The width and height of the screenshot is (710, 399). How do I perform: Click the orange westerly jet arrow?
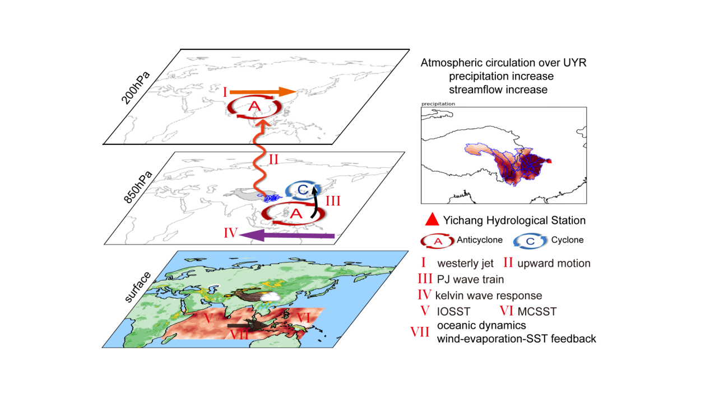(263, 92)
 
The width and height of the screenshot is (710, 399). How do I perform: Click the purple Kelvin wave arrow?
(287, 236)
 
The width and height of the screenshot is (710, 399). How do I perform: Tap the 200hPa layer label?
(136, 88)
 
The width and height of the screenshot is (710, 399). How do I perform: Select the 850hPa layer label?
(137, 187)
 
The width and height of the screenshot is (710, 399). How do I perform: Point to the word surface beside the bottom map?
(137, 287)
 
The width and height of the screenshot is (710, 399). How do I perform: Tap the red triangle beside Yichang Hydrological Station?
(431, 219)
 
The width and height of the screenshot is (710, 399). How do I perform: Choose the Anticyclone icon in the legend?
(438, 241)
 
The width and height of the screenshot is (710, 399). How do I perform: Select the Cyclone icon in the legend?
(530, 241)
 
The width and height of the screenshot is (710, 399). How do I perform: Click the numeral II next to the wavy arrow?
(273, 159)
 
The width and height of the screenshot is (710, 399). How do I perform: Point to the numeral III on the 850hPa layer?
(333, 201)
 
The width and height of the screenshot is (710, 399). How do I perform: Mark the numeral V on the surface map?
(208, 318)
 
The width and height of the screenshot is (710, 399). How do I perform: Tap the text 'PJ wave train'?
(470, 279)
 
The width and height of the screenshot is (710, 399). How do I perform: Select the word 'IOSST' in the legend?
(453, 311)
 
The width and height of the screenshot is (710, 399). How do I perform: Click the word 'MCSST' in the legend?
(537, 311)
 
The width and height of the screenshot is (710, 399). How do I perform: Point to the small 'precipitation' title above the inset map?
(438, 104)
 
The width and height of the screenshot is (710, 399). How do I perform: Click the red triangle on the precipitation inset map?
(550, 161)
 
